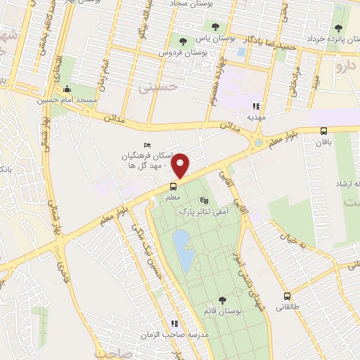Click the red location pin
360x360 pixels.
coord(181,165)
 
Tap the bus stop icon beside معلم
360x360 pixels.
coord(173,186)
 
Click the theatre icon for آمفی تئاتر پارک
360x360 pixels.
coord(205,200)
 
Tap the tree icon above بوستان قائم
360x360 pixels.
coord(222,300)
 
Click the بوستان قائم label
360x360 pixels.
coord(223,311)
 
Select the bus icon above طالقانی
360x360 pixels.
coord(287,296)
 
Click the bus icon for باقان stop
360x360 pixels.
coord(323,131)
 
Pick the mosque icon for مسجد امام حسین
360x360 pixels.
coord(67,89)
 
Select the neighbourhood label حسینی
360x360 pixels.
coord(155,89)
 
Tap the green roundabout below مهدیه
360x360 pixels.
coord(259,143)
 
